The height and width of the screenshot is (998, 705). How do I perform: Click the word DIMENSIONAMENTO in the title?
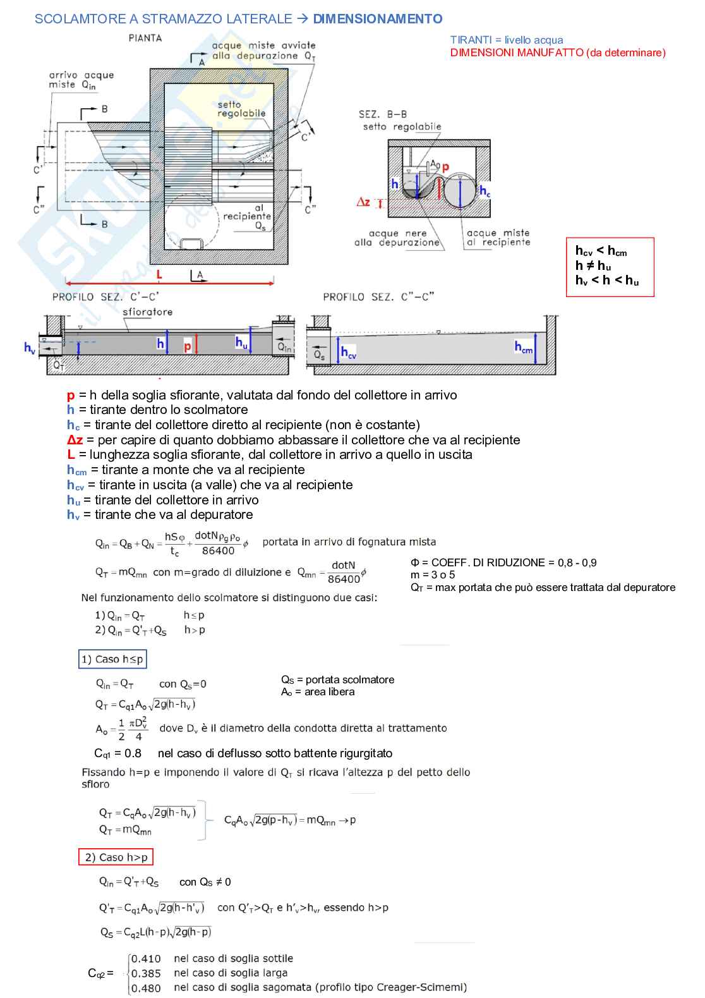pyautogui.click(x=378, y=19)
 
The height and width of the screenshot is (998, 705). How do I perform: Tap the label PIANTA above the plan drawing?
pyautogui.click(x=145, y=38)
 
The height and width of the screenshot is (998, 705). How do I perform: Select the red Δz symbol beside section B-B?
pyautogui.click(x=363, y=202)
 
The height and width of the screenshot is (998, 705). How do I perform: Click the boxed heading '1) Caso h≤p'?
pyautogui.click(x=112, y=659)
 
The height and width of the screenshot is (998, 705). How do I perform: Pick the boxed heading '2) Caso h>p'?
pyautogui.click(x=116, y=857)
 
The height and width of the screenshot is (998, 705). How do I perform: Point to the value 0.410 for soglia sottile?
pyautogui.click(x=146, y=959)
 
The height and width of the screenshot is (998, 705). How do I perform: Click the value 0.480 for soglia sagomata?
pyautogui.click(x=146, y=988)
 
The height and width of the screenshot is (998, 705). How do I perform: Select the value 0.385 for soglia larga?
pyautogui.click(x=146, y=973)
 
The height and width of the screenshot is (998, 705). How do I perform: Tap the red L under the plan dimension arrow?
pyautogui.click(x=159, y=274)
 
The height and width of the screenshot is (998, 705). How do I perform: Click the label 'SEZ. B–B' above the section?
pyautogui.click(x=383, y=114)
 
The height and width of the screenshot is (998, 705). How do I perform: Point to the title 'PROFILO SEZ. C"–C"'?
pyautogui.click(x=378, y=296)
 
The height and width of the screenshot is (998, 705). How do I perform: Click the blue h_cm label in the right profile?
pyautogui.click(x=524, y=347)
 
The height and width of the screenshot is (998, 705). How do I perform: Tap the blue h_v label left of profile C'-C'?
pyautogui.click(x=30, y=348)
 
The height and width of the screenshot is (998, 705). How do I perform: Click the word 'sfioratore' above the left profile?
pyautogui.click(x=147, y=312)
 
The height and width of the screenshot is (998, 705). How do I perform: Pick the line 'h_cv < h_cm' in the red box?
pyautogui.click(x=601, y=251)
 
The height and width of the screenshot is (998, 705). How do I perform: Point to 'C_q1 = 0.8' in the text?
pyautogui.click(x=117, y=753)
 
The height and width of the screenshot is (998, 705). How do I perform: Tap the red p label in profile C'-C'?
pyautogui.click(x=188, y=346)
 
